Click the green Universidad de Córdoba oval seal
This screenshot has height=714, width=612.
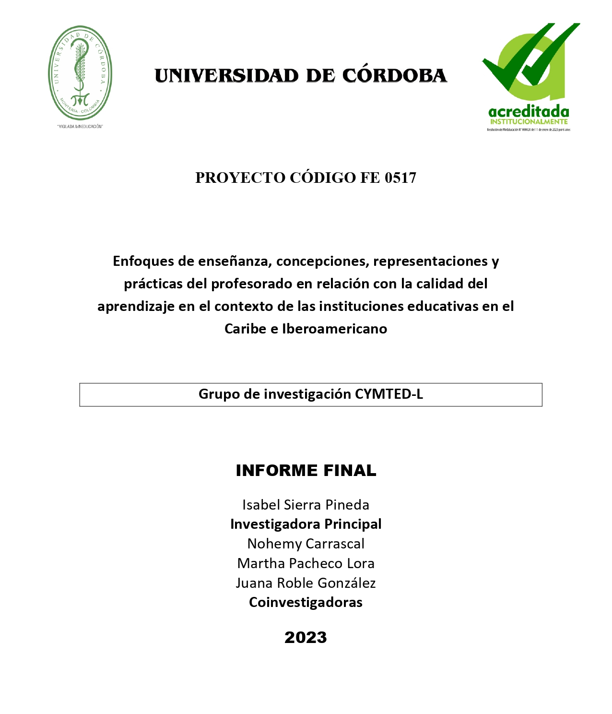coord(80,73)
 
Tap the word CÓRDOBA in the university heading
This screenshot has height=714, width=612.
coord(394,76)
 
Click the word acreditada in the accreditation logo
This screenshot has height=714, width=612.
coord(529,112)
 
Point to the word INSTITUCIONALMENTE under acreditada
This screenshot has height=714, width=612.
coord(529,122)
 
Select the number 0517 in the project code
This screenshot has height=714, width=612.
coord(400,178)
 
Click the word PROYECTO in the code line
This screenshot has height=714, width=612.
coord(240,178)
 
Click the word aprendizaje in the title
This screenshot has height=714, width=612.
coord(136,306)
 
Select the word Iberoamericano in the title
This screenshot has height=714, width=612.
coord(334,329)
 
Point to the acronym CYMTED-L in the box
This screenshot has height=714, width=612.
coord(388,394)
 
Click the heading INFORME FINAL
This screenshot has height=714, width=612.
coord(306,470)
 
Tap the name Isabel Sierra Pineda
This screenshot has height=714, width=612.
coord(306,505)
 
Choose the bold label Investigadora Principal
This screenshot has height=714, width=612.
coord(306,524)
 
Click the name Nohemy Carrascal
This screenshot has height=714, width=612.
coord(306,544)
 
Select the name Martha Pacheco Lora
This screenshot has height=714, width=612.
coord(306,563)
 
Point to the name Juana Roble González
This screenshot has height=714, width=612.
coord(306,583)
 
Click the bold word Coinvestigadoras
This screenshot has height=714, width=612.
coord(306,602)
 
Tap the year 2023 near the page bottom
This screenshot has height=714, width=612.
coord(306,637)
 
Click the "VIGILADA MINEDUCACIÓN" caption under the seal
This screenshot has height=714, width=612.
coord(80,127)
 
